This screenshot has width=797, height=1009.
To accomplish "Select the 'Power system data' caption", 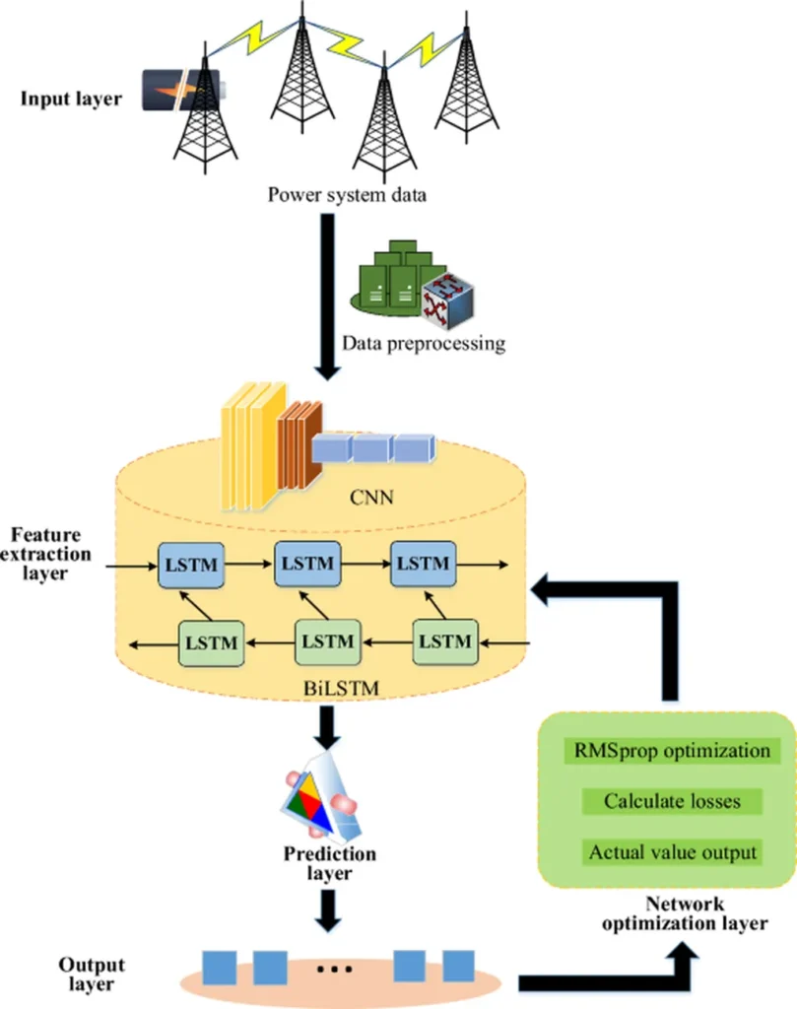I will (348, 193).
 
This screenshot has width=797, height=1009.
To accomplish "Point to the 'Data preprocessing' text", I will (424, 344).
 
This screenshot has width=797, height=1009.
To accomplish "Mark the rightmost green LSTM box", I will (443, 641).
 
